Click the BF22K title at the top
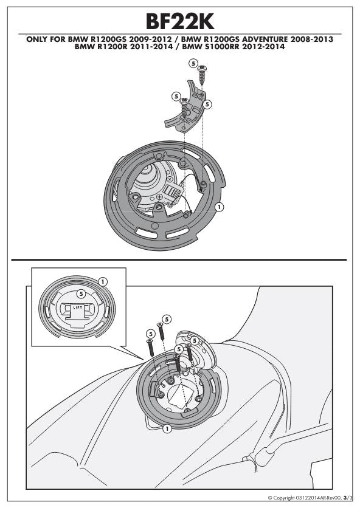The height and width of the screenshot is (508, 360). click(180, 22)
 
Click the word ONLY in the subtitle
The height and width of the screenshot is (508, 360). click(36, 39)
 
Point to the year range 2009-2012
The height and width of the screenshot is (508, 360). click(150, 39)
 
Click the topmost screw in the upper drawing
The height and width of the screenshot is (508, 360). click(202, 75)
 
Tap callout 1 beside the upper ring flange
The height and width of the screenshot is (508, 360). click(220, 207)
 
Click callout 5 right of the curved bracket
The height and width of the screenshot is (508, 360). click(207, 105)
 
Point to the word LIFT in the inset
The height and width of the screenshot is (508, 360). click(78, 307)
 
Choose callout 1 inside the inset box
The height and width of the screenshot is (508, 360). click(103, 281)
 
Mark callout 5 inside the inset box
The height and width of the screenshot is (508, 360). click(80, 293)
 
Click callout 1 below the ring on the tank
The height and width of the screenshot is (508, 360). click(167, 429)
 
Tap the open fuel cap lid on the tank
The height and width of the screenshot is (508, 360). click(195, 352)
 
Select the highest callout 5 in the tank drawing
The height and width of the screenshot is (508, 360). click(167, 320)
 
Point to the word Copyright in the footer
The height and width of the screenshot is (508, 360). click(284, 498)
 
